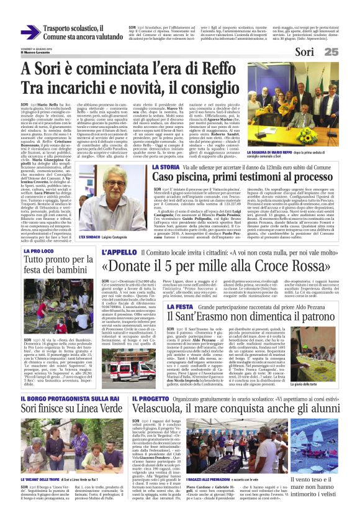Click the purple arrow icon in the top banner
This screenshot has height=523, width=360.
30,32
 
